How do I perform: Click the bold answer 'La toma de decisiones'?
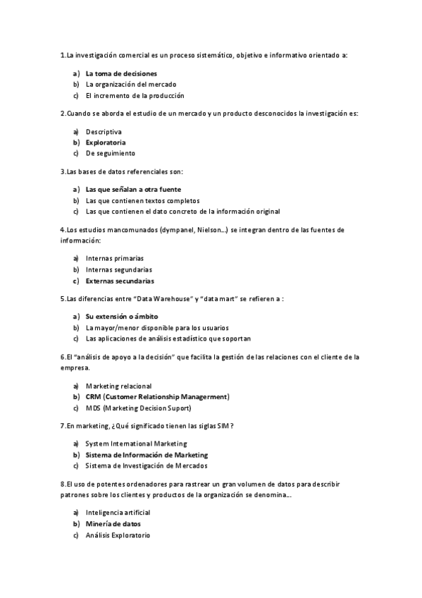pyautogui.click(x=121, y=73)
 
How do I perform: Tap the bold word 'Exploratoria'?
pyautogui.click(x=106, y=142)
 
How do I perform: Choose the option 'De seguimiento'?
pyautogui.click(x=110, y=153)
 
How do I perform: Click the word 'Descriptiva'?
pyautogui.click(x=104, y=131)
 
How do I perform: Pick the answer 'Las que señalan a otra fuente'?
pyautogui.click(x=133, y=189)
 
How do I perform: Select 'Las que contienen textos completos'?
pyautogui.click(x=142, y=200)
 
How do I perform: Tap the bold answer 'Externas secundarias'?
pyautogui.click(x=120, y=280)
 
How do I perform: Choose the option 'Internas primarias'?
pyautogui.click(x=114, y=258)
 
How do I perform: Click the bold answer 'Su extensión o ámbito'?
pyautogui.click(x=122, y=317)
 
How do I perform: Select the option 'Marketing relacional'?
pyautogui.click(x=118, y=386)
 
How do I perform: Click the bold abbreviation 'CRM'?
pyautogui.click(x=94, y=396)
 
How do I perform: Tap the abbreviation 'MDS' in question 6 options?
pyautogui.click(x=93, y=408)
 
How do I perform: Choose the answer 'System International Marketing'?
pyautogui.click(x=136, y=444)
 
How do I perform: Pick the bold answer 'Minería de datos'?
pyautogui.click(x=113, y=524)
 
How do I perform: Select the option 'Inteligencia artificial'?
pyautogui.click(x=118, y=513)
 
